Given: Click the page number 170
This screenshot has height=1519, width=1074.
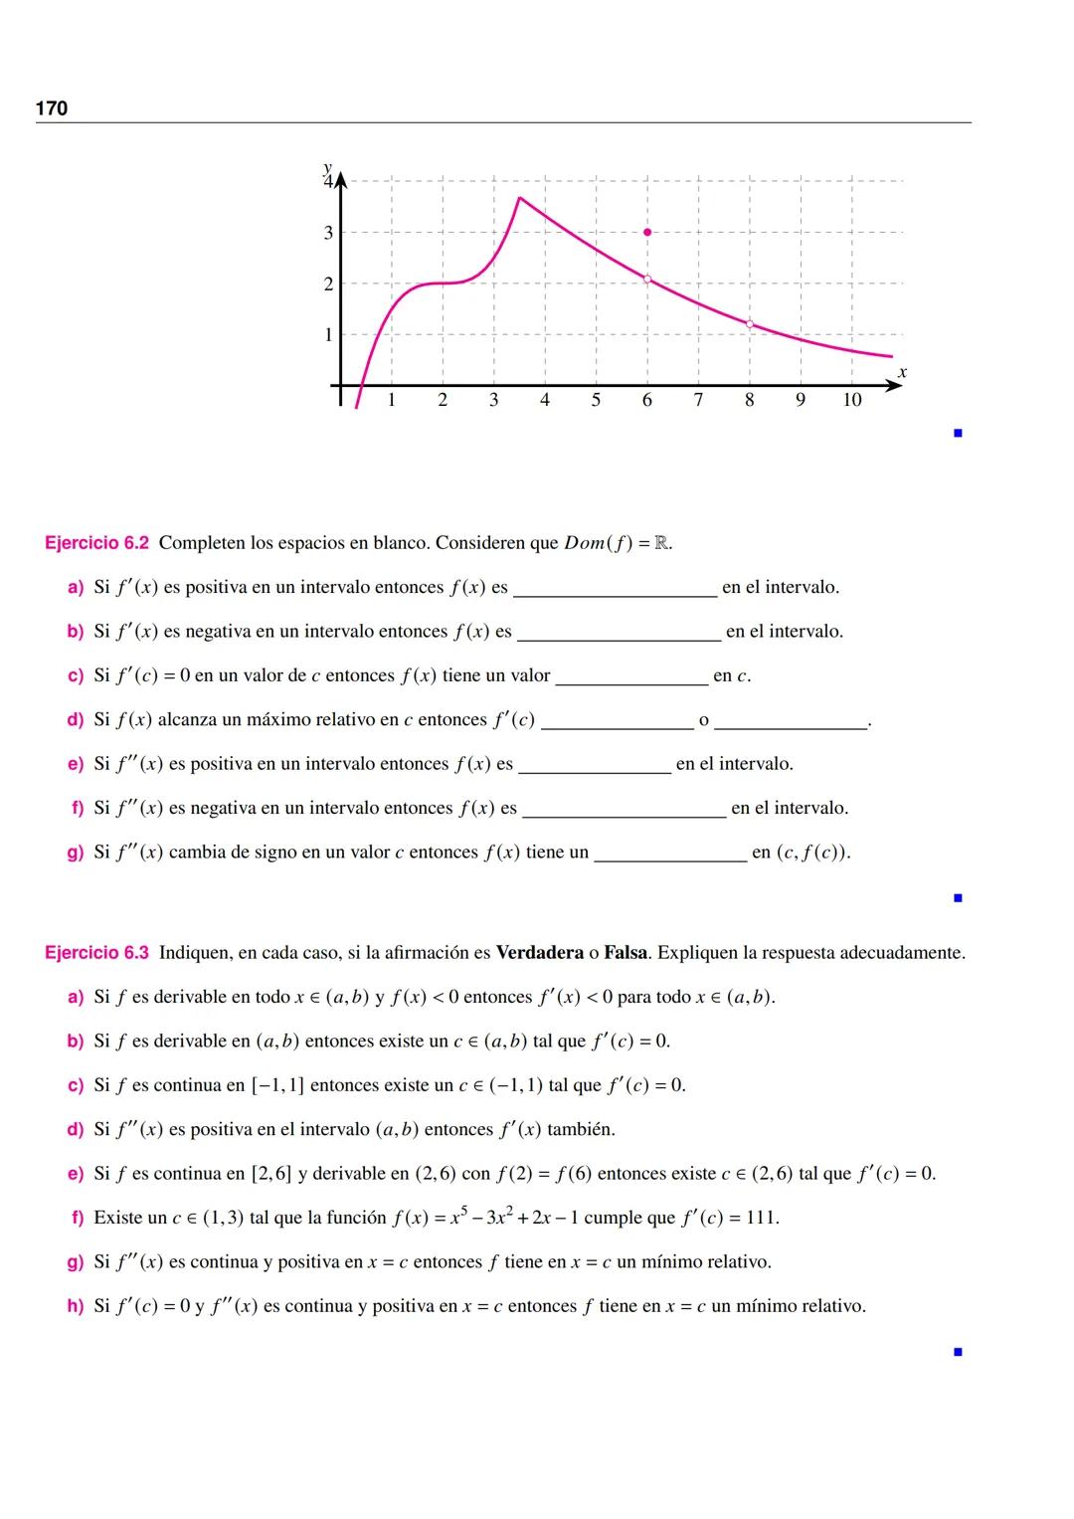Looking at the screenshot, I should (x=52, y=108).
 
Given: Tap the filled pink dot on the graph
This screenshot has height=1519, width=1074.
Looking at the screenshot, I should (x=647, y=232).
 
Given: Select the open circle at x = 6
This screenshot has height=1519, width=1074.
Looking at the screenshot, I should (x=647, y=279).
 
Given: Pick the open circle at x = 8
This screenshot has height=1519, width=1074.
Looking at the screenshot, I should (x=749, y=323).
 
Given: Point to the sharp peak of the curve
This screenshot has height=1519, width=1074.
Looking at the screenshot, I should (x=519, y=198).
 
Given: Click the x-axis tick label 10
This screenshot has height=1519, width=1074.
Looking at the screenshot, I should (x=851, y=400).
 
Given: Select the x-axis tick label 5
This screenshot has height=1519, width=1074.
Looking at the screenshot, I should (x=596, y=400).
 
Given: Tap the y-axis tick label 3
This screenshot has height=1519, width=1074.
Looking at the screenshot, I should (x=328, y=233).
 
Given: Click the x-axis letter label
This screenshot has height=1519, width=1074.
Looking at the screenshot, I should (x=902, y=372).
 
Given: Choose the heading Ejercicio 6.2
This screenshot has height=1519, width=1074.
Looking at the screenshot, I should (x=96, y=543).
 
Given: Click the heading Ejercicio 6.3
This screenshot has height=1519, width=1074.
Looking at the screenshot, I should (x=96, y=953).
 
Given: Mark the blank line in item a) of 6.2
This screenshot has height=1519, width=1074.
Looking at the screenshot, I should (x=615, y=594).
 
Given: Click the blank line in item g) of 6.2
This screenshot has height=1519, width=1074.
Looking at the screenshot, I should (x=670, y=858).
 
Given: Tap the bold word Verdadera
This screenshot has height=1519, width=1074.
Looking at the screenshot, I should (x=539, y=953).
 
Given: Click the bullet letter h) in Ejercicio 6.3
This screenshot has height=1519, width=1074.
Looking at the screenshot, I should (x=76, y=1306).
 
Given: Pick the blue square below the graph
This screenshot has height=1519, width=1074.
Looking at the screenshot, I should (x=958, y=433).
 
